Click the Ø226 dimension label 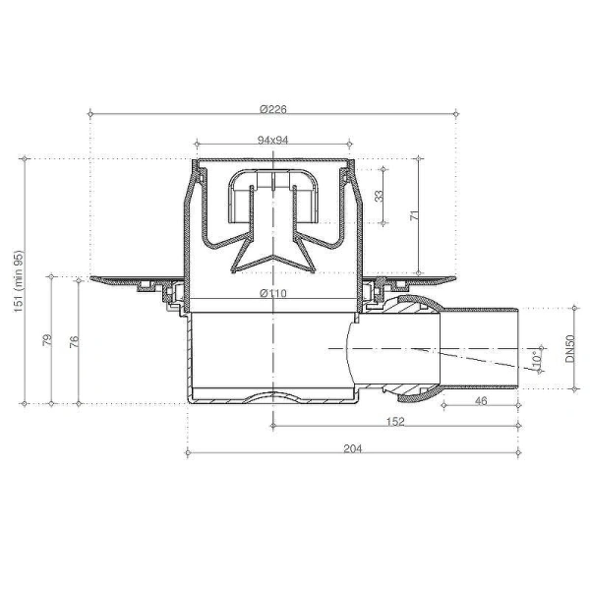pos(272,107)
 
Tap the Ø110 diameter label pos(272,294)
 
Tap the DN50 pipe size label pos(570,350)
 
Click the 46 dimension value pos(481,402)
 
